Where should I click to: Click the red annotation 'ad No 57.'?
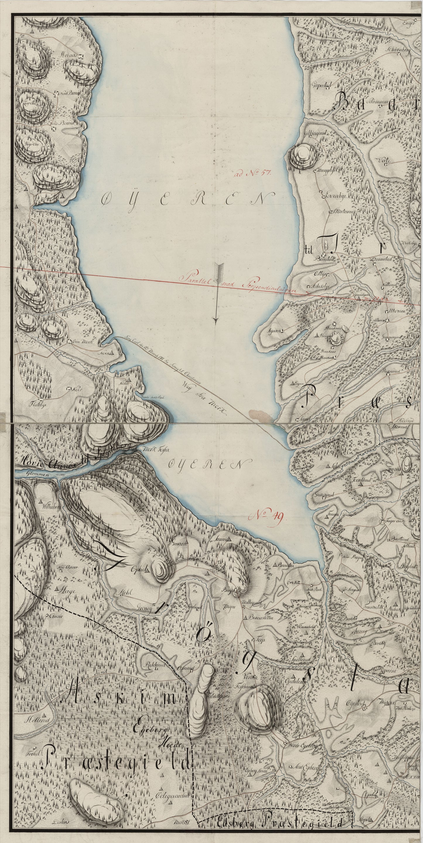(x=251, y=174)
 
